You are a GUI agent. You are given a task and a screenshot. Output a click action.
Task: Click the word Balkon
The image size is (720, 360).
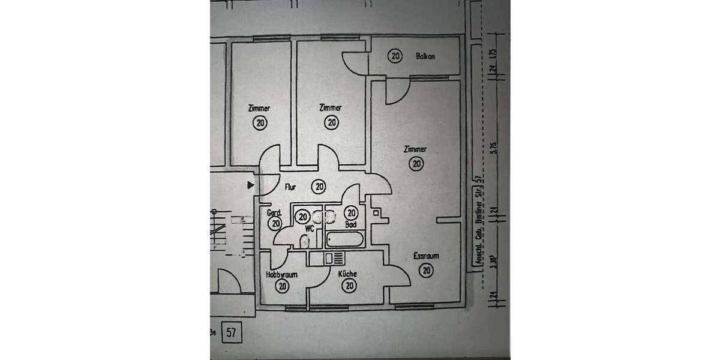click(425, 56)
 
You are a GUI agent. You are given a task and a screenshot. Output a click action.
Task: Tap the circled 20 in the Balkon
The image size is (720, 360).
click(395, 56)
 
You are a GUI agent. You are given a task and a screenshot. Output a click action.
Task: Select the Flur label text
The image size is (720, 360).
click(290, 187)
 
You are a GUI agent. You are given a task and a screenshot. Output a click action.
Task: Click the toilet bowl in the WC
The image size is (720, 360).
click(305, 242)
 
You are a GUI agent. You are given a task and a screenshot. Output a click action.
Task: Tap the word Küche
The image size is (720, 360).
click(347, 274)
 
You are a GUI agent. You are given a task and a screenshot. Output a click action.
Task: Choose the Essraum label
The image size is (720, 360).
click(426, 256)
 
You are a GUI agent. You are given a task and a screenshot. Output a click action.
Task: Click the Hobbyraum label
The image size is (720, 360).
click(281, 274)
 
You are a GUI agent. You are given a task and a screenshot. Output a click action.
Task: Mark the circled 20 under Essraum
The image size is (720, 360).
click(426, 270)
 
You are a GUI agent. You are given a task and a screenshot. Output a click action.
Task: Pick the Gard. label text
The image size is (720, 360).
click(274, 212)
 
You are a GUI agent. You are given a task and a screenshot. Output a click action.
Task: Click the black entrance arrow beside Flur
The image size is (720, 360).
click(251, 186)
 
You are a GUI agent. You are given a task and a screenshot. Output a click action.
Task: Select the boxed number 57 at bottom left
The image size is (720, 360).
click(230, 331)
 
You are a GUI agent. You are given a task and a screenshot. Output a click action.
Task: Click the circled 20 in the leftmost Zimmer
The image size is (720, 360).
click(260, 123)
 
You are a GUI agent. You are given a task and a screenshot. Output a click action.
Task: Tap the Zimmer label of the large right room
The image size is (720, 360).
click(415, 149)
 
